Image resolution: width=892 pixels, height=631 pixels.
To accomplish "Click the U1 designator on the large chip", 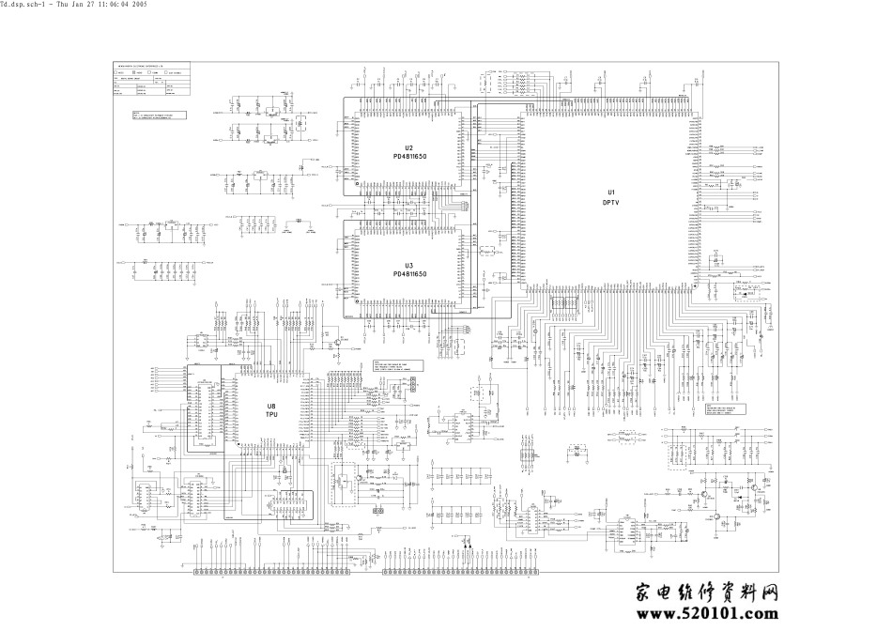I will (610, 192).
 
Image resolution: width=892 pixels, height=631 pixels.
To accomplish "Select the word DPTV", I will (610, 202).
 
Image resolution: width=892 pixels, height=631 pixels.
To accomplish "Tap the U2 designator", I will (409, 147).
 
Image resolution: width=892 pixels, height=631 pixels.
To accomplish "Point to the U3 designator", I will (409, 266).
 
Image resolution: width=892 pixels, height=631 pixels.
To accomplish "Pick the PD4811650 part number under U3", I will (409, 274).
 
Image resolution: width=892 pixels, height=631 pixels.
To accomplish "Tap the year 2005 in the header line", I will (139, 6).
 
